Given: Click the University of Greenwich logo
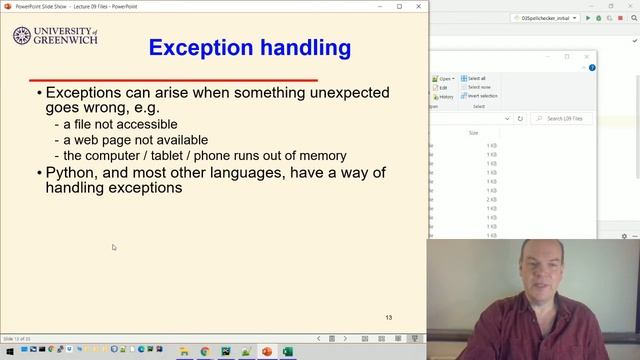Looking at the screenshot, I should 55,38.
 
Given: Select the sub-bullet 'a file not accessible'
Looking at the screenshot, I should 115,124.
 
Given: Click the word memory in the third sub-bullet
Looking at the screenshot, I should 321,155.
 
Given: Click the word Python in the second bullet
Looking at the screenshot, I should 73,173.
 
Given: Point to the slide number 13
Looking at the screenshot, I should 389,318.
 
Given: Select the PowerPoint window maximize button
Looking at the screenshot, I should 400,6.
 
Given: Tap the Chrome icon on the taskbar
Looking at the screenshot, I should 205,352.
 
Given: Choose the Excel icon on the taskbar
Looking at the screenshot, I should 287,352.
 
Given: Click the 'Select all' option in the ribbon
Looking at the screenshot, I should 474,78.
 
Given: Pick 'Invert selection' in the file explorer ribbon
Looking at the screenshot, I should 479,96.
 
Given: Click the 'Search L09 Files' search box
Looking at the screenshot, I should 565,118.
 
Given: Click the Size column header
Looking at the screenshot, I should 474,132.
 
